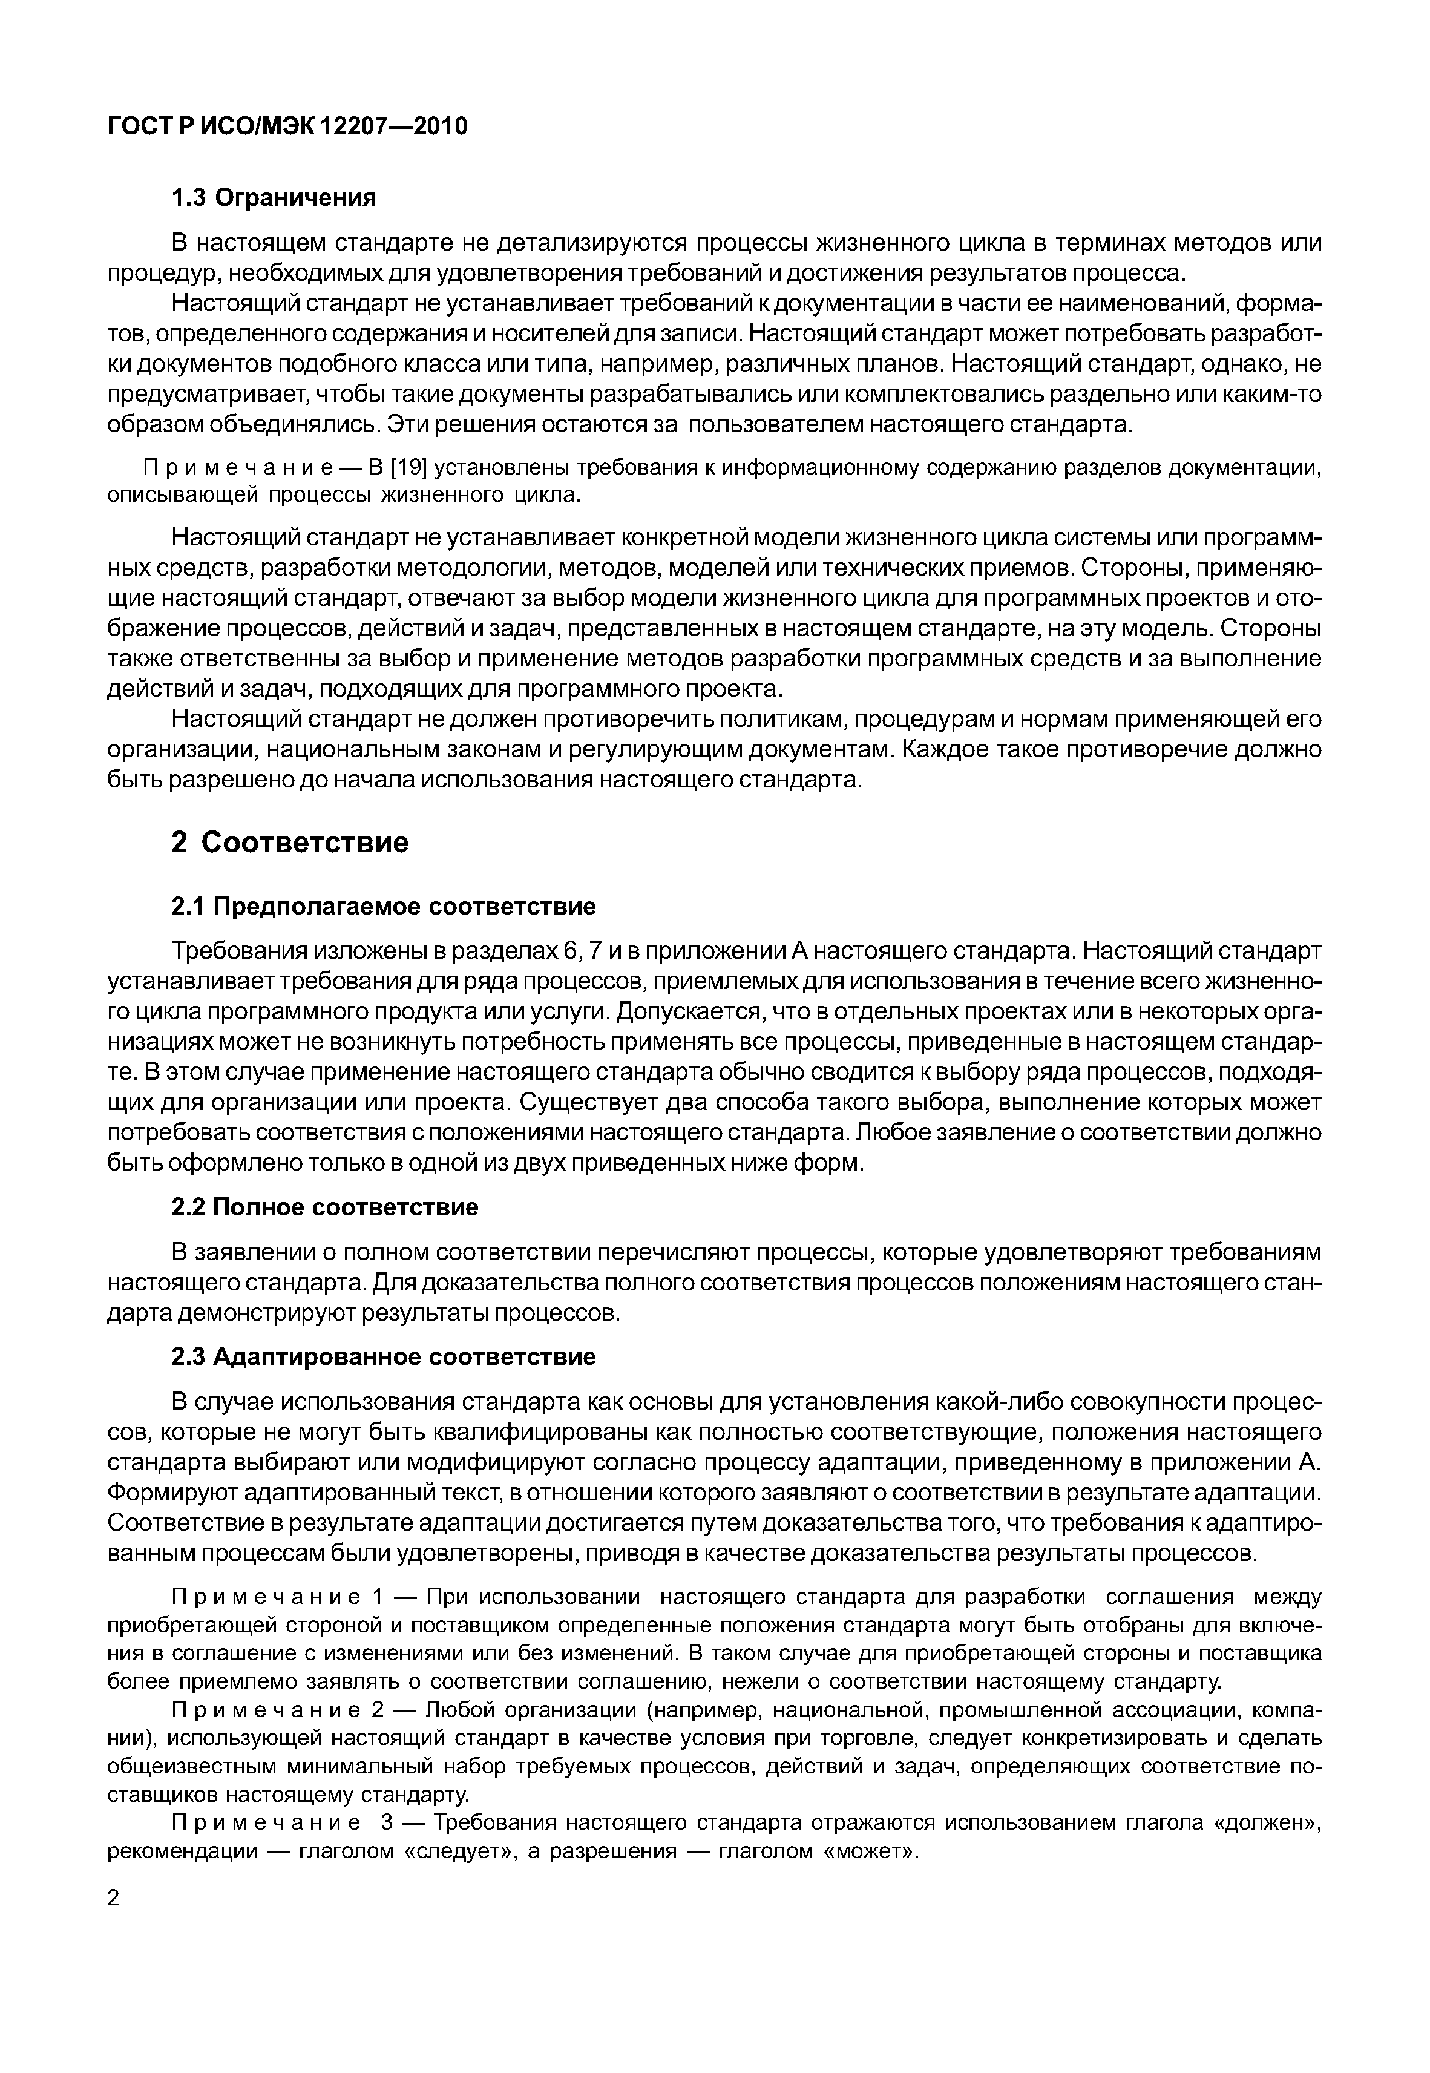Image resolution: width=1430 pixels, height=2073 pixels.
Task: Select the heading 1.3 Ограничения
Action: pos(274,198)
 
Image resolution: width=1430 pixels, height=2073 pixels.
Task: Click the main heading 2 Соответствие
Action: pos(289,841)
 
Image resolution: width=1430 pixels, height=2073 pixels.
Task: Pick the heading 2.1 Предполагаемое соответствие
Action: pos(382,907)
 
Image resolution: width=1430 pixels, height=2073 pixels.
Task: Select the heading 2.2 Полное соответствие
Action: pos(324,1207)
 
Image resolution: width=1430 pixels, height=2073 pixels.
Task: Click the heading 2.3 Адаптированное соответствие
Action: pos(382,1356)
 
